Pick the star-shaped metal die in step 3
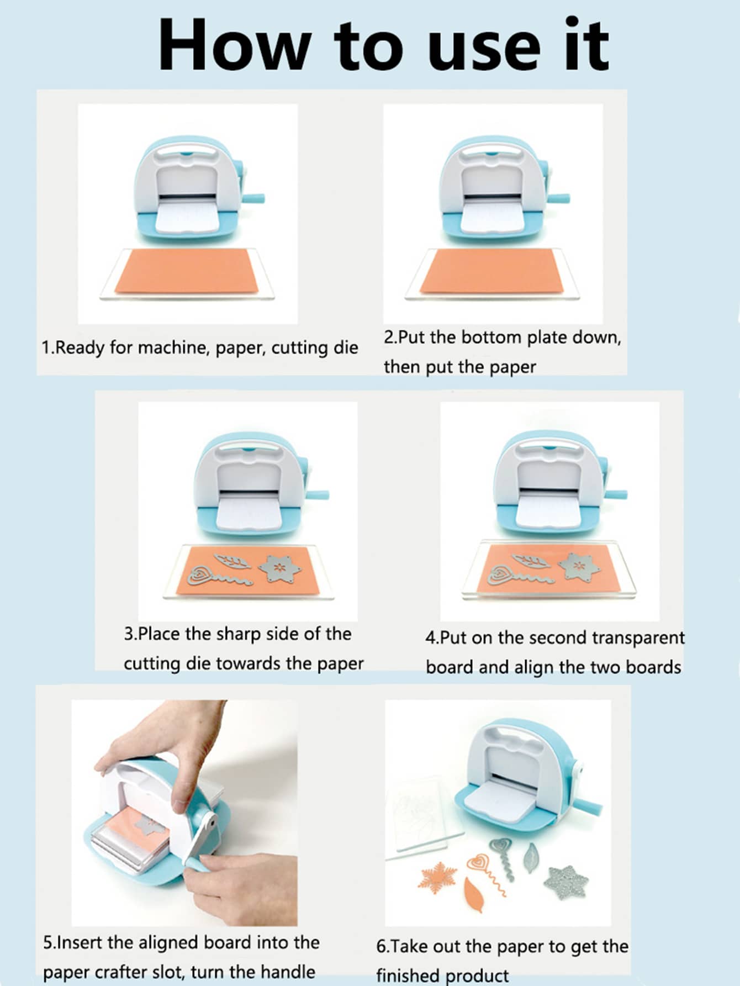[x=281, y=568]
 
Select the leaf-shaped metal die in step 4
[x=530, y=561]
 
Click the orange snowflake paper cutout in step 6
[x=438, y=876]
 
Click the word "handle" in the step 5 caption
[x=288, y=971]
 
